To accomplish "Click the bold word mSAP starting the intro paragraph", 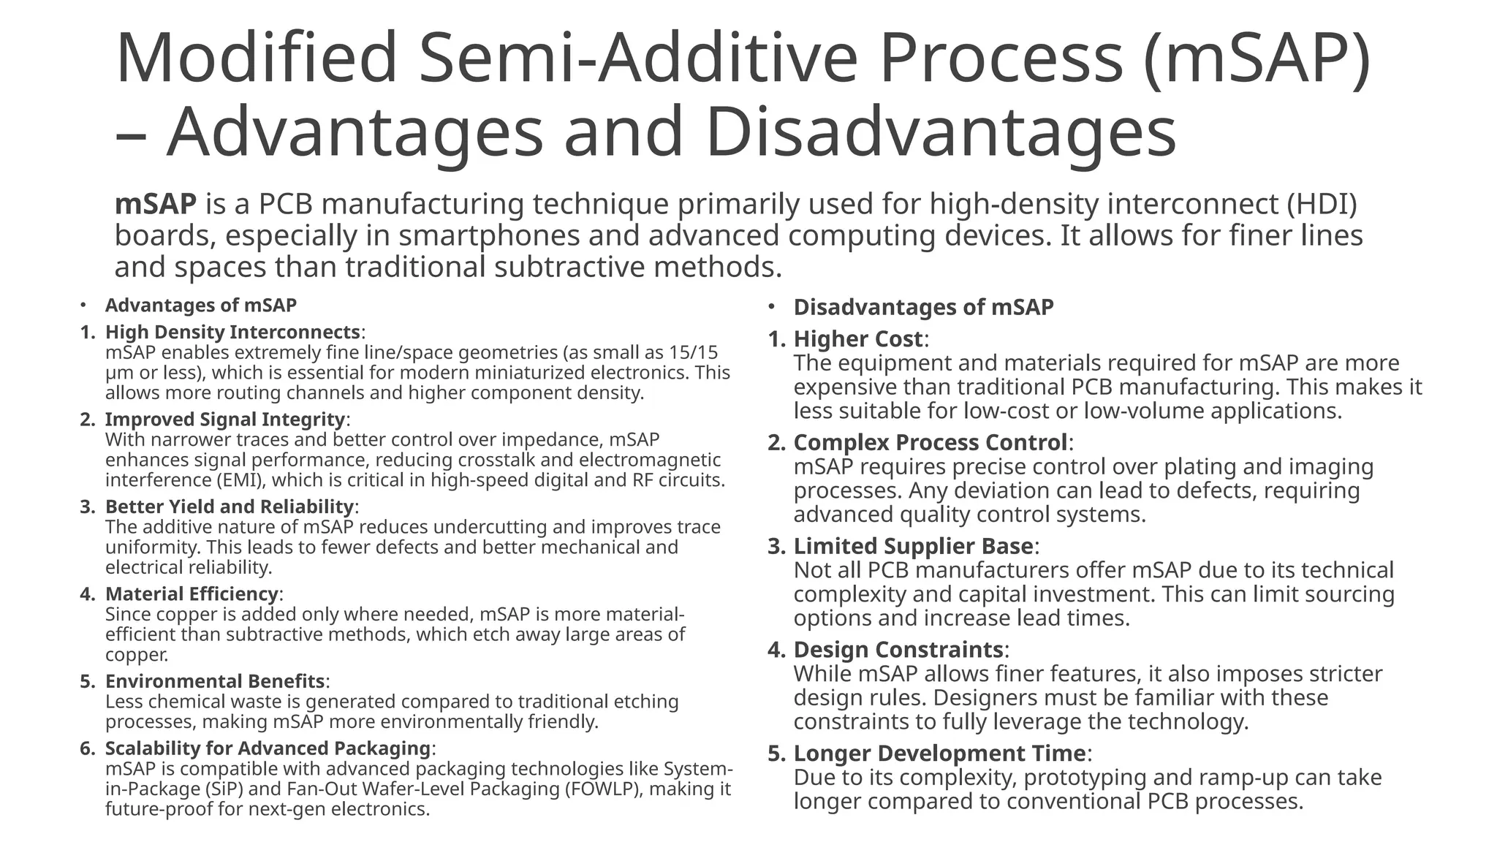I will pyautogui.click(x=155, y=204).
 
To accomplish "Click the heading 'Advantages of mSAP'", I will pyautogui.click(x=200, y=306).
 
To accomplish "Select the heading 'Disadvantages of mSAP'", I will pyautogui.click(x=923, y=307).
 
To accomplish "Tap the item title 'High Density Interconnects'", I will pyautogui.click(x=232, y=332).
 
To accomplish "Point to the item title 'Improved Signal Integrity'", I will pyautogui.click(x=224, y=420).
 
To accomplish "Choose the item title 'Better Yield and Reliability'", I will pyautogui.click(x=229, y=507).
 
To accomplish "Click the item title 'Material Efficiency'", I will pyautogui.click(x=192, y=593).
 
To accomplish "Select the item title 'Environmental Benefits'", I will pyautogui.click(x=214, y=681).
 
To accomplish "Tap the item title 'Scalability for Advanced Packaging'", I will pyautogui.click(x=268, y=748).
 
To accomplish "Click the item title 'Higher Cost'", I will pyautogui.click(x=857, y=339).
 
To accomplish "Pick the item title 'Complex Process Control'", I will pyautogui.click(x=931, y=443).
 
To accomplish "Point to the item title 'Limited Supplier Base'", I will pyautogui.click(x=913, y=546).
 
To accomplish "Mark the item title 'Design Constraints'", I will pyautogui.click(x=898, y=650).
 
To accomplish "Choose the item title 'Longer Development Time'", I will pyautogui.click(x=939, y=754).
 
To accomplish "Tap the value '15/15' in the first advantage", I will pyautogui.click(x=694, y=353).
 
